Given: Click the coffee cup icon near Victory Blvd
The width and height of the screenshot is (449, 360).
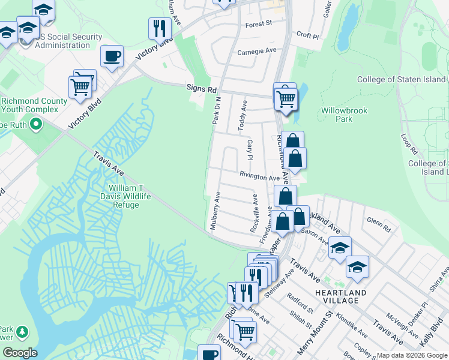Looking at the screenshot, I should pos(112,57).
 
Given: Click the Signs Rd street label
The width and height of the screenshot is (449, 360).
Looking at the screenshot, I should pos(200,89).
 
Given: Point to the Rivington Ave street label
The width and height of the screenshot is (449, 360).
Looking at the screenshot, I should pos(260,178).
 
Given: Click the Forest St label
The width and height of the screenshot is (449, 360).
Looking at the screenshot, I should pos(259,24).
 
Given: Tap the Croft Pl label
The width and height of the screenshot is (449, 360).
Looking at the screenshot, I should pos(307,35).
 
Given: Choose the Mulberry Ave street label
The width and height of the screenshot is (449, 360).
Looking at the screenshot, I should pos(214,211).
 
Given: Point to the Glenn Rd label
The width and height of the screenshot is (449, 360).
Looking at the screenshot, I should pos(378,229).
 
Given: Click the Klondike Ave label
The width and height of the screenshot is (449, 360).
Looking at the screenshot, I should pos(351,323).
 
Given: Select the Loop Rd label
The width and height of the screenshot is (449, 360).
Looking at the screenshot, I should pos(408,144).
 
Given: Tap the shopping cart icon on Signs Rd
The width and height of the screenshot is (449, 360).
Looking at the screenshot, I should pos(286,97).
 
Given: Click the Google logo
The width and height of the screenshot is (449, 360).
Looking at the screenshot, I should pos(20,353).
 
